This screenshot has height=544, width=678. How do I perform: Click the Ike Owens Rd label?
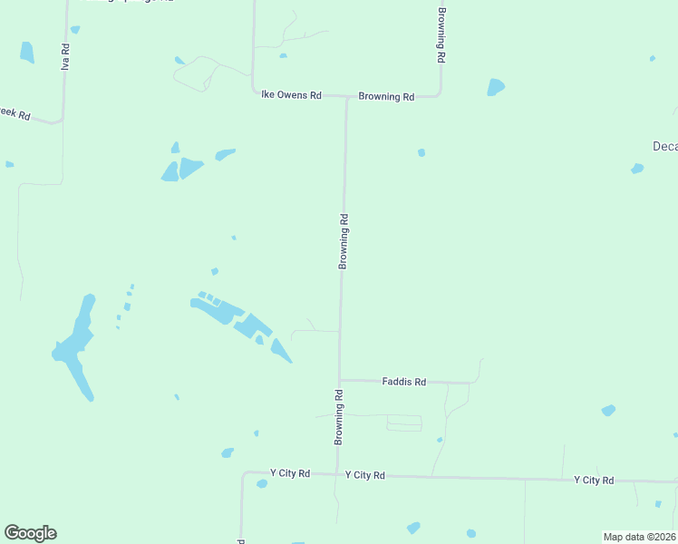pyautogui.click(x=291, y=94)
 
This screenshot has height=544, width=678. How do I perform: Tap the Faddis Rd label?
pyautogui.click(x=403, y=382)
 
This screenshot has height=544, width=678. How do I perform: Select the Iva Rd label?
pyautogui.click(x=65, y=56)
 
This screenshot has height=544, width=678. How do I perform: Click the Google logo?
pyautogui.click(x=30, y=533)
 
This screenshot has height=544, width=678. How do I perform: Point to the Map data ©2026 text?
pyautogui.click(x=640, y=537)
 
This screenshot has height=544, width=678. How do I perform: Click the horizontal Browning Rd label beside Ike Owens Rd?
pyautogui.click(x=386, y=96)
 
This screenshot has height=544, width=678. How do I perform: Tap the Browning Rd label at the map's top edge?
pyautogui.click(x=441, y=34)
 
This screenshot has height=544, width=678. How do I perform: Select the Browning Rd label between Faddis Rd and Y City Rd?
pyautogui.click(x=338, y=417)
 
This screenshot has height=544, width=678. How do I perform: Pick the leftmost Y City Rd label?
pyautogui.click(x=290, y=473)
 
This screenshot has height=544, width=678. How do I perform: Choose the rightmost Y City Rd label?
pyautogui.click(x=594, y=480)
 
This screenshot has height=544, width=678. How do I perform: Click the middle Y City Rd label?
pyautogui.click(x=365, y=475)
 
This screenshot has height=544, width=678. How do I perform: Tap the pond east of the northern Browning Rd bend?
pyautogui.click(x=495, y=87)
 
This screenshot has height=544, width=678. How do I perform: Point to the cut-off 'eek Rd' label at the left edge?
pyautogui.click(x=15, y=115)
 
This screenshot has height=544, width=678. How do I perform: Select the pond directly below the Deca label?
pyautogui.click(x=637, y=169)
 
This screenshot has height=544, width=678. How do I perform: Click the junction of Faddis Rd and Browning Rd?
pyautogui.click(x=339, y=381)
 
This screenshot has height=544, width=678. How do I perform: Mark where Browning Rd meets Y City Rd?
pyautogui.click(x=337, y=474)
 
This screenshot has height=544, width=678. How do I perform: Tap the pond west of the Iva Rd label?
pyautogui.click(x=26, y=52)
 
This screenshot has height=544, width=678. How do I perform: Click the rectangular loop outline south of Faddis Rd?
pyautogui.click(x=404, y=423)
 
